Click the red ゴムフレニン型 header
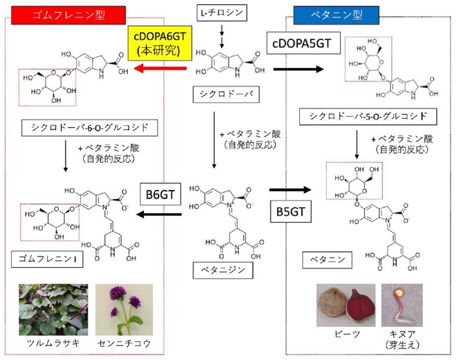[x=68, y=15]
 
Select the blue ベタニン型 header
[x=336, y=15]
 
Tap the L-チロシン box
[x=222, y=13]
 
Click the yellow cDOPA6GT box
[x=159, y=43]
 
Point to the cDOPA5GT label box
[x=304, y=43]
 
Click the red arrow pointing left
[x=160, y=69]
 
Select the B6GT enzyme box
[x=160, y=194]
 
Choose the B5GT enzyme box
[x=290, y=212]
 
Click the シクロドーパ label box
[x=226, y=94]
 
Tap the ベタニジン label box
[x=223, y=271]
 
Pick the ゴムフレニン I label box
[x=47, y=259]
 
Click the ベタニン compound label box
[x=327, y=260]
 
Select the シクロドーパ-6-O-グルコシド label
[x=89, y=127]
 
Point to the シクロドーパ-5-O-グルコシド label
[x=368, y=117]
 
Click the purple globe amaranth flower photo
[x=124, y=309]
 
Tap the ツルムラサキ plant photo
[x=53, y=309]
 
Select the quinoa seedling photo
[x=402, y=305]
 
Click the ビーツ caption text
[x=347, y=334]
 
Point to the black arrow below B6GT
[x=159, y=214]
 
